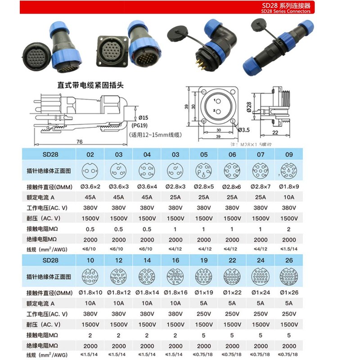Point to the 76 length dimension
79,142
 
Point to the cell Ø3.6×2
90,186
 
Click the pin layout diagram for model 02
90,171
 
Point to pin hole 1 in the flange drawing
216,100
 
